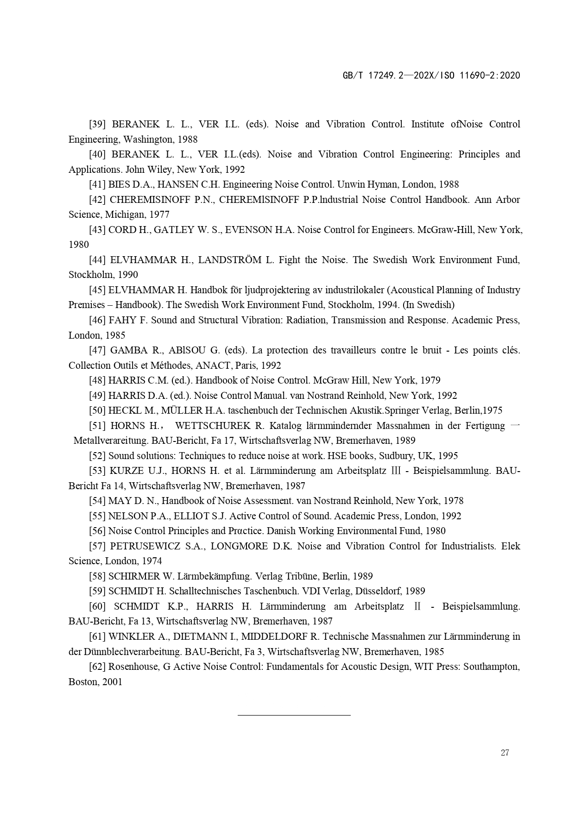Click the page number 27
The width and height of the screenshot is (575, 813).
click(x=505, y=753)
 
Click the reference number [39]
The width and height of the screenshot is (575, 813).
click(x=98, y=124)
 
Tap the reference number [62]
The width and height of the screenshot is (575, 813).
click(x=98, y=667)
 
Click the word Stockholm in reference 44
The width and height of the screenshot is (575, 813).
click(x=88, y=275)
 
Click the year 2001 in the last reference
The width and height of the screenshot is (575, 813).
click(x=112, y=682)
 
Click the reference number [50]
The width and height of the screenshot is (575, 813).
click(x=98, y=410)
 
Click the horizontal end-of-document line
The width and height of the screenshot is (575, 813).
click(x=294, y=715)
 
